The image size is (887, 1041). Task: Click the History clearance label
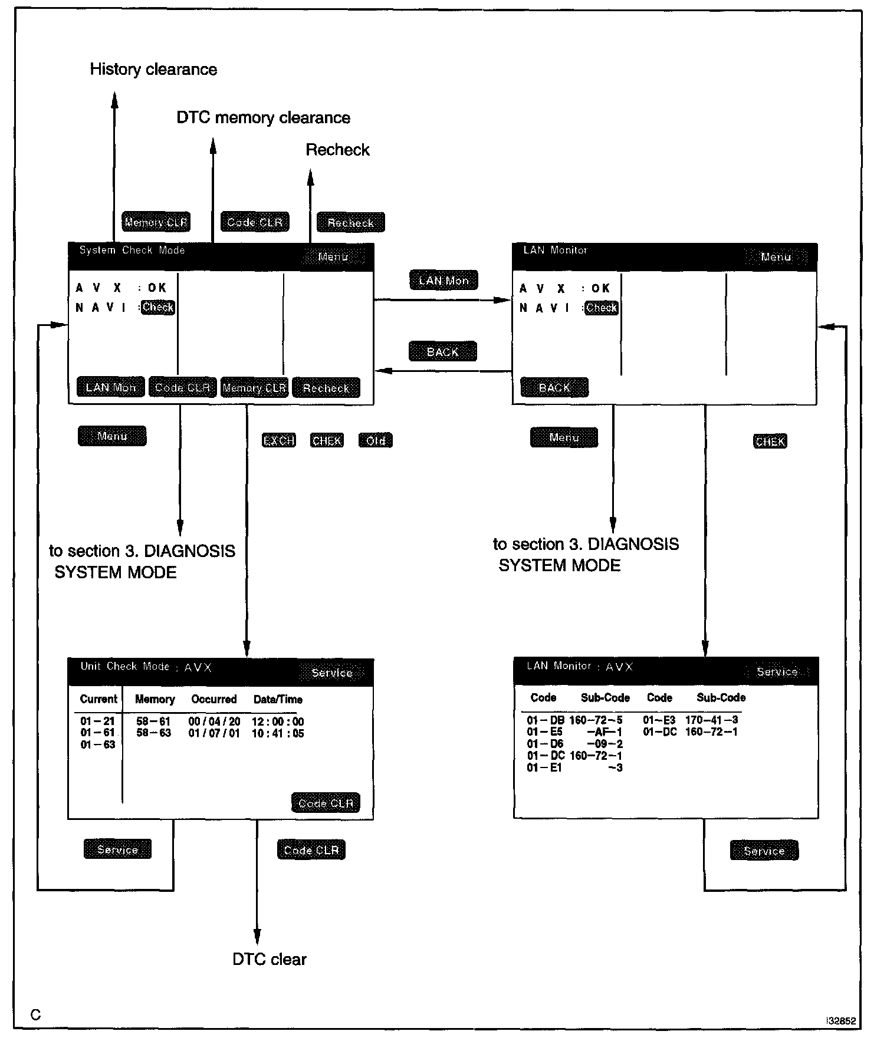pyautogui.click(x=153, y=70)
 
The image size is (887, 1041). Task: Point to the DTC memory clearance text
pyautogui.click(x=263, y=118)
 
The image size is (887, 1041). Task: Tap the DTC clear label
pyautogui.click(x=270, y=959)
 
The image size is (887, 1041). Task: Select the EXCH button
pyautogui.click(x=278, y=440)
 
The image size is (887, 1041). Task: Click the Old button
pyautogui.click(x=375, y=440)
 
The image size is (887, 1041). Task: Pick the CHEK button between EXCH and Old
pyautogui.click(x=327, y=440)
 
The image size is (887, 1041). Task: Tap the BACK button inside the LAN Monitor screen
pyautogui.click(x=554, y=388)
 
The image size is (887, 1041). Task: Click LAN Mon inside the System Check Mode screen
pyautogui.click(x=111, y=388)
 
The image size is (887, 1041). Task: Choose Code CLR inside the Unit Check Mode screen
pyautogui.click(x=326, y=803)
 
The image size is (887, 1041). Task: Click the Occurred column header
pyautogui.click(x=213, y=699)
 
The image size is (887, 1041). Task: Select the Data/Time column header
pyautogui.click(x=278, y=700)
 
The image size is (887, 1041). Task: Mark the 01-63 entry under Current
pyautogui.click(x=98, y=744)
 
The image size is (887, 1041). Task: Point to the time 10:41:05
pyautogui.click(x=278, y=733)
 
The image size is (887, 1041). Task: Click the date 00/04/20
pyautogui.click(x=214, y=722)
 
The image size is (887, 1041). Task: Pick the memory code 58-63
pyautogui.click(x=153, y=733)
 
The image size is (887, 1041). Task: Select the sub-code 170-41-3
pyautogui.click(x=711, y=720)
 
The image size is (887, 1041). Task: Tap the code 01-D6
pyautogui.click(x=545, y=744)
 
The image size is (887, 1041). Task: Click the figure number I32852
pyautogui.click(x=842, y=1022)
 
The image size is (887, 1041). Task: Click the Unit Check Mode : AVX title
pyautogui.click(x=146, y=667)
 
